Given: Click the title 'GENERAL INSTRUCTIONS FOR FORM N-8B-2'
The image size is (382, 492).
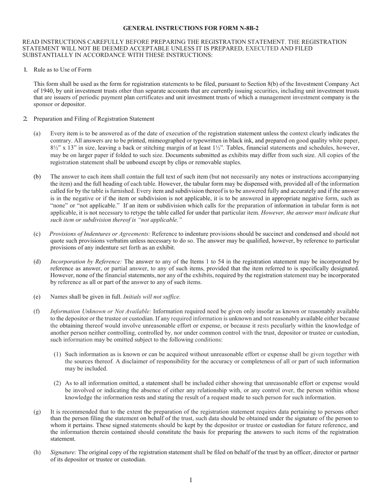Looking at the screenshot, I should pos(191,28).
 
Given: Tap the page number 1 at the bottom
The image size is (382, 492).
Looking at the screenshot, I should pos(191,480).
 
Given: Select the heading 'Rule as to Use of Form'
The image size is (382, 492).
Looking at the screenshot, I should pos(62,69).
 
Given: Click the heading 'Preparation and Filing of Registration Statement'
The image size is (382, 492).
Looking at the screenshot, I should pos(94,119).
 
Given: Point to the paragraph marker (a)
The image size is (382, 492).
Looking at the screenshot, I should pos(37,133).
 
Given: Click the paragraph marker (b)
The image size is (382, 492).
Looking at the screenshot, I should pos(37,177).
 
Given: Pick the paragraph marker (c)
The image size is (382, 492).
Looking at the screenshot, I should pos(37,234).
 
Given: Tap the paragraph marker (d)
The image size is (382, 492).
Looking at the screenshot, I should pos(37,261).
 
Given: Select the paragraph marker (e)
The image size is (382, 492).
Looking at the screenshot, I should pos(37,297).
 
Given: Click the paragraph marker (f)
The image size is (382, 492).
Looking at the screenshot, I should pos(37,311).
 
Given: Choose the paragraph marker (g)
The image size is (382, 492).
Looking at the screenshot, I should pos(37,411).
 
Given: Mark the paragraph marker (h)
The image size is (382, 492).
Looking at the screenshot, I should pos(37,452).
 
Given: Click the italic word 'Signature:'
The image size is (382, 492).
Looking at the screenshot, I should pos(64,452).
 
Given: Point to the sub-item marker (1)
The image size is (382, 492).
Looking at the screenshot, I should pos(58,354).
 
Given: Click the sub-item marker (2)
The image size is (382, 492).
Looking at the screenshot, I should pos(58,383).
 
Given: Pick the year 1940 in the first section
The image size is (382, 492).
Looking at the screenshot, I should pos(48,91).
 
